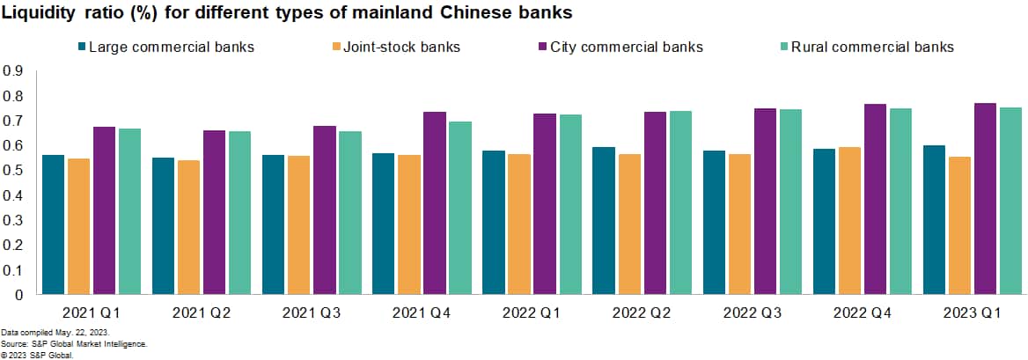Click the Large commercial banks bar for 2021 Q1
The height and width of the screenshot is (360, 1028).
[x=54, y=224]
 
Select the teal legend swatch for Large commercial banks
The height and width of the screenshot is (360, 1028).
[x=82, y=47]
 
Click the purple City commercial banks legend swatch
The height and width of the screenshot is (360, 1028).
[x=542, y=47]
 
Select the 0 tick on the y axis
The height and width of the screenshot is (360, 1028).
[x=18, y=295]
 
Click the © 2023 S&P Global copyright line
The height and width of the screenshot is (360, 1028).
[x=37, y=355]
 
